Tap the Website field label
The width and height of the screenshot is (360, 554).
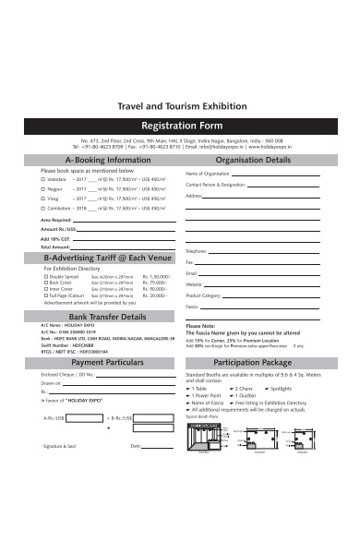click(194, 284)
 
